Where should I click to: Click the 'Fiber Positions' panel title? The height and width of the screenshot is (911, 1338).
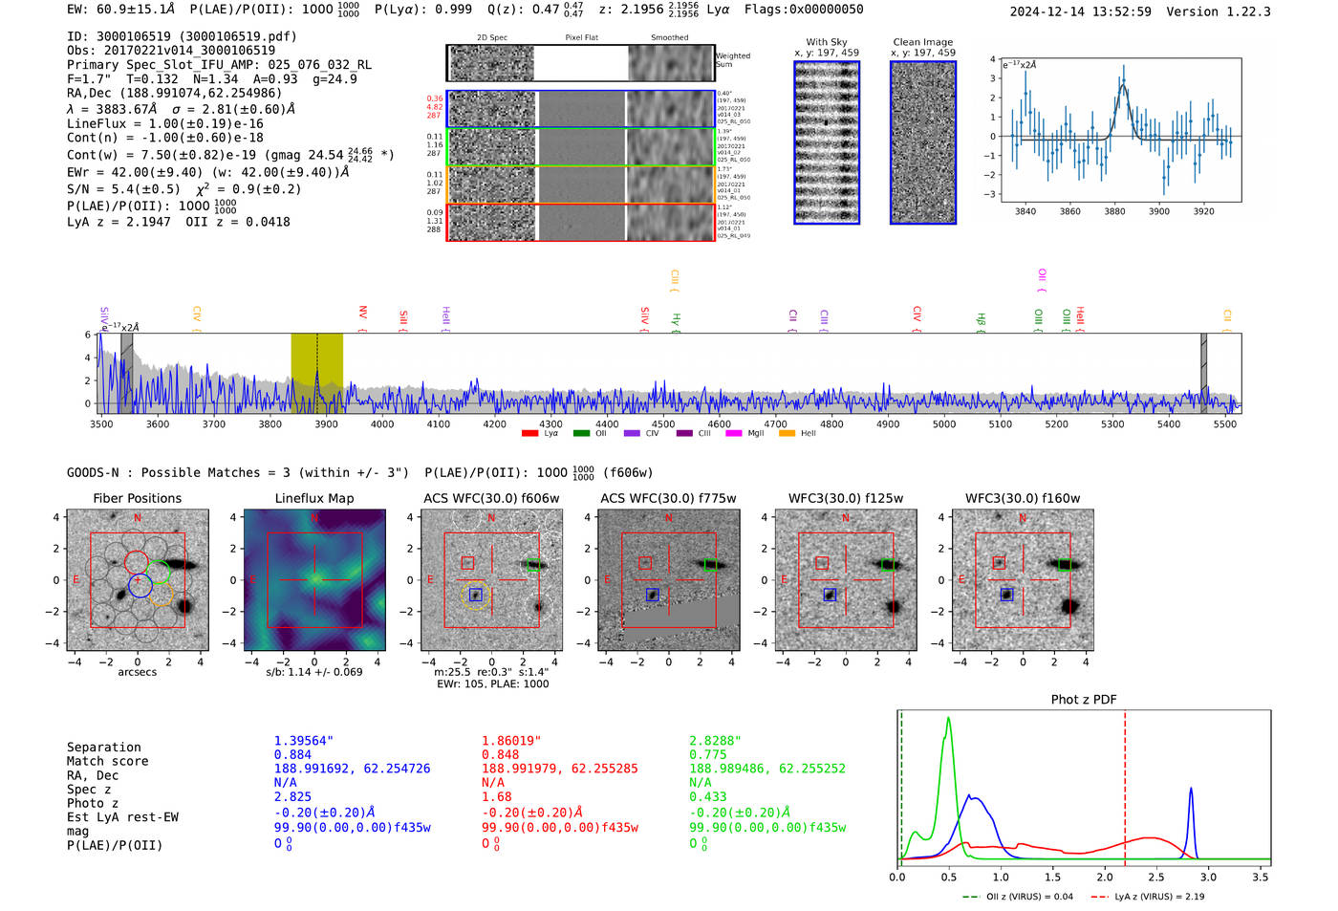point(137,498)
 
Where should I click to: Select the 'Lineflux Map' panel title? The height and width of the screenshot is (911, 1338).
point(313,498)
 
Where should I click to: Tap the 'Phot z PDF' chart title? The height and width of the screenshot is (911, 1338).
point(1083,700)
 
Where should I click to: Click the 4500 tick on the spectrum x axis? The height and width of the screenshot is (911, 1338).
point(662,424)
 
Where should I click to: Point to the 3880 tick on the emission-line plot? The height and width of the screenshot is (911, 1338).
point(1114,211)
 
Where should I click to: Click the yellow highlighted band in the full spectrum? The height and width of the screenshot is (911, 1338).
point(316,373)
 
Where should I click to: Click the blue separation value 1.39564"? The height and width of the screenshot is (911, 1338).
point(304,741)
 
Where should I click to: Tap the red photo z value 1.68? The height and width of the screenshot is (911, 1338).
point(496,796)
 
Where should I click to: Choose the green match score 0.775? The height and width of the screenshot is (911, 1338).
point(707,754)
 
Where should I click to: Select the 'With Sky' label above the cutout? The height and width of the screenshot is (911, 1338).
point(826,42)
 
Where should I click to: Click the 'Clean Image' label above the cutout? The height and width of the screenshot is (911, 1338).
point(922,42)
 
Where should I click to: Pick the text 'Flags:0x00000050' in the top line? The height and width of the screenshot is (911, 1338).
point(803,10)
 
